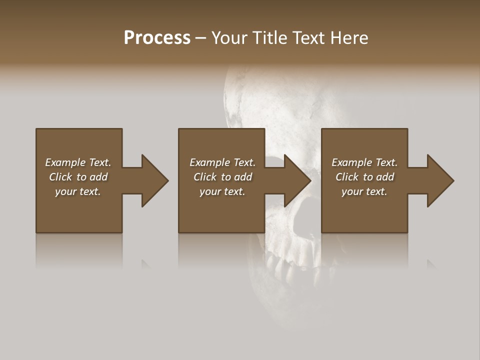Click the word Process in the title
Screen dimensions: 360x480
[x=157, y=37]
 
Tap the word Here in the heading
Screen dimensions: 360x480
[x=350, y=37]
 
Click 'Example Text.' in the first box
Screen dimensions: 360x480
[x=78, y=162]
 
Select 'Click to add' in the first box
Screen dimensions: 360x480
[x=78, y=177]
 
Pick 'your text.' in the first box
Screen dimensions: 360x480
[x=78, y=191]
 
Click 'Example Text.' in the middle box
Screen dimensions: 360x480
[x=222, y=162]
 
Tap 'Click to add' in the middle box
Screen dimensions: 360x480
[x=222, y=177]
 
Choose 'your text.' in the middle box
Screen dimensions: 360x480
[x=222, y=191]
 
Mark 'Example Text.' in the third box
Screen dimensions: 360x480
[x=364, y=162]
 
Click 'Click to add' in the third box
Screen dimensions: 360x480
[x=364, y=177]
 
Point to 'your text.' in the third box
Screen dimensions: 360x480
[x=364, y=191]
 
